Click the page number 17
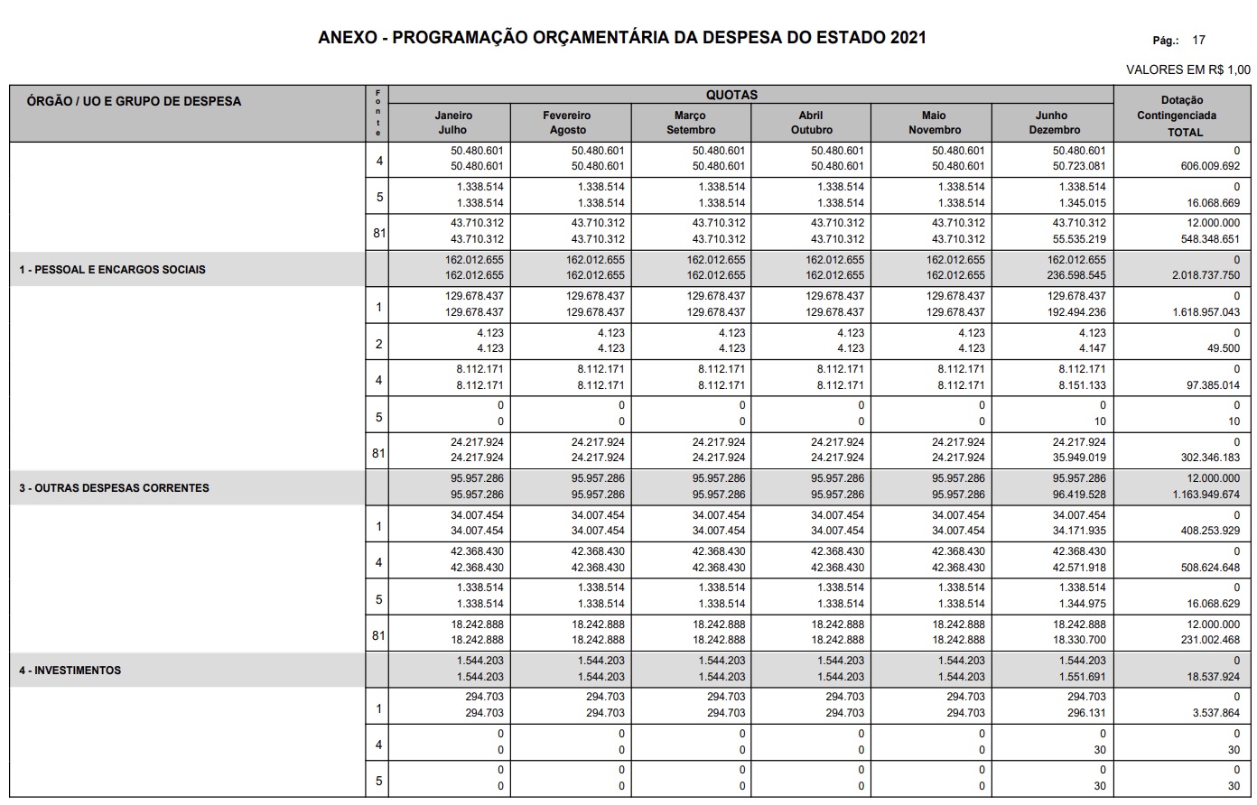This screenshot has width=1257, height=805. pos(1198,40)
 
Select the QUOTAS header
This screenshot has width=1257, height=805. pos(731,95)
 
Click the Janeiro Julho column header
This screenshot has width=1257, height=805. pos(452,123)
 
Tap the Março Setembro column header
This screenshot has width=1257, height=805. pos(690,123)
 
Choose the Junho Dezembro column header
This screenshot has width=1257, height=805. pos(1053,123)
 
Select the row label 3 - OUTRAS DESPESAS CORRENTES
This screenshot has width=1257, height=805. pos(115,487)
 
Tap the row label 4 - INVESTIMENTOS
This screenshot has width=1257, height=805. pos(70,671)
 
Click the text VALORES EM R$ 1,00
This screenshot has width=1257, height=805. pos(1187,69)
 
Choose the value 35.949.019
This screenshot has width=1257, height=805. pos(1074,458)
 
